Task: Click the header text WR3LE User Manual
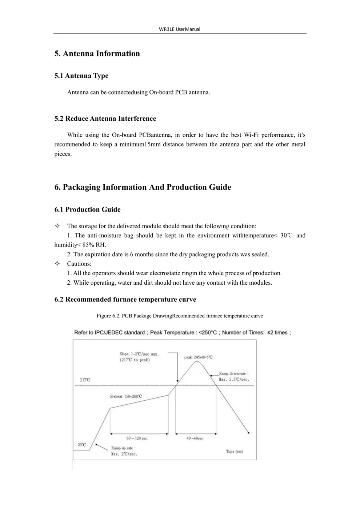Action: pos(179,29)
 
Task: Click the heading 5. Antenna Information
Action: pos(97,53)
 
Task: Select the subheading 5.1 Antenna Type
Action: pos(81,76)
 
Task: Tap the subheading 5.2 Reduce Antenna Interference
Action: pos(105,119)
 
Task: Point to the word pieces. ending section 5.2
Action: pos(63,154)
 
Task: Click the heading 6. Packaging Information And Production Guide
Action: pos(143,187)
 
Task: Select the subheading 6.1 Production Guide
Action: pos(87,209)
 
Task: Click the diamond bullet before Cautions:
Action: pos(57,264)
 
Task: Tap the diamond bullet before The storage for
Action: pos(57,226)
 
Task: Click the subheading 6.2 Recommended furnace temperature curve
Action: pos(125,300)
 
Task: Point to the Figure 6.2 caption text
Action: pos(180,316)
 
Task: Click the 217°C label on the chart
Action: pos(85,380)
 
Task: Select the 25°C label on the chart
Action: pos(82,445)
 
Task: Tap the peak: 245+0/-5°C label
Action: pos(198,357)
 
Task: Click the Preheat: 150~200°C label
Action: pos(126,396)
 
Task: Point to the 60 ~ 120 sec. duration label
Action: pos(137,438)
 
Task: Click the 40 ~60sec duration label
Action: pos(195,438)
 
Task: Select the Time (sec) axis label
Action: pos(234,451)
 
